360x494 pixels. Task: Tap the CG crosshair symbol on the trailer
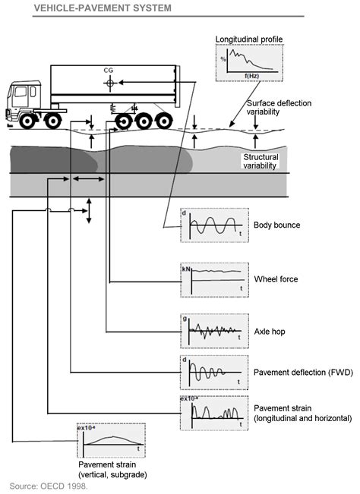coord(112,80)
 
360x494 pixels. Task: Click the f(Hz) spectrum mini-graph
coord(248,61)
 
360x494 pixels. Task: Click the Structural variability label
coord(260,161)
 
